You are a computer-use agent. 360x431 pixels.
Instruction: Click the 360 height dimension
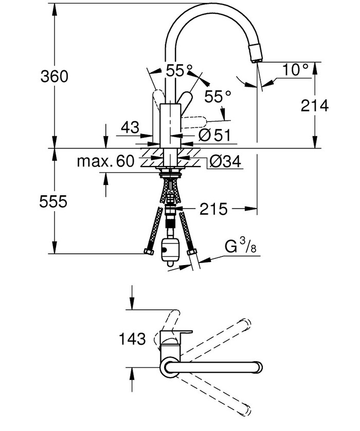[54, 77]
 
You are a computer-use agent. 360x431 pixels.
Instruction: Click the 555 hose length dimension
[53, 201]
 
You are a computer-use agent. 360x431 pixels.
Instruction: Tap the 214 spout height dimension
[314, 105]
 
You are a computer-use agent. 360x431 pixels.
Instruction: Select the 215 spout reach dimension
[213, 209]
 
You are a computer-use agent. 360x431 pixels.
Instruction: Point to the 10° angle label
[295, 69]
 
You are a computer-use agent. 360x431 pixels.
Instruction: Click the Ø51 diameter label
[214, 135]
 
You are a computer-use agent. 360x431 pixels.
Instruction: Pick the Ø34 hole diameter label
[225, 161]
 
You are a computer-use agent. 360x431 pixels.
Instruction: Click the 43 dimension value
[130, 127]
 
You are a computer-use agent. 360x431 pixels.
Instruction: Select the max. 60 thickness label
[106, 161]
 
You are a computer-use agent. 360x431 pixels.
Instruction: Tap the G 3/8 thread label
[240, 247]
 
